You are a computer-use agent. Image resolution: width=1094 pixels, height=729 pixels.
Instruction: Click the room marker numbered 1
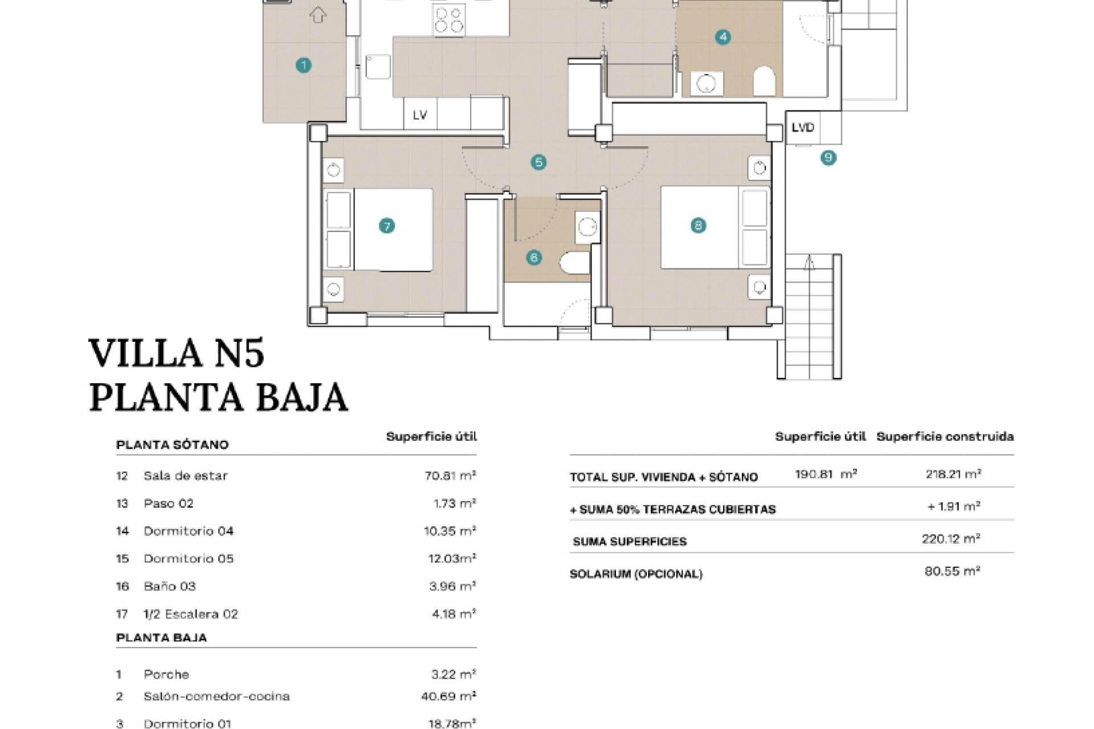(x=304, y=65)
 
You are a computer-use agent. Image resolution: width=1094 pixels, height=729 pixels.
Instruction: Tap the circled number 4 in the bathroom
(x=723, y=38)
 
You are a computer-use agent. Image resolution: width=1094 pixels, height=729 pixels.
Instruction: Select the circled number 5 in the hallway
(x=538, y=162)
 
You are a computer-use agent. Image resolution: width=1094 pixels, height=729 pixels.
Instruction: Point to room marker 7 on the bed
(x=387, y=226)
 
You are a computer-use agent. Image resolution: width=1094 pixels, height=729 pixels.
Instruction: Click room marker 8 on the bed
(x=699, y=226)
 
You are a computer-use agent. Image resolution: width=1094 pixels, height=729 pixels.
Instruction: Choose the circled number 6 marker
(x=534, y=257)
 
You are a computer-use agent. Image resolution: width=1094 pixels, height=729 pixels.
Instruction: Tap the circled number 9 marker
(x=828, y=157)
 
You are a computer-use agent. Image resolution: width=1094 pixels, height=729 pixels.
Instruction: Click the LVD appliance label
(x=803, y=128)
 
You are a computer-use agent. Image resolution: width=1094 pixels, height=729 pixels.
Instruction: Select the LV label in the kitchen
(x=420, y=115)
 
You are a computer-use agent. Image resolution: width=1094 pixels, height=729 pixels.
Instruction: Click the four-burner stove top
(x=449, y=19)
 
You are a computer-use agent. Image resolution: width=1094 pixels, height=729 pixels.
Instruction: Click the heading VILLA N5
(x=177, y=353)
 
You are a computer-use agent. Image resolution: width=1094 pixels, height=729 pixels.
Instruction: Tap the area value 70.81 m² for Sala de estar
(x=450, y=476)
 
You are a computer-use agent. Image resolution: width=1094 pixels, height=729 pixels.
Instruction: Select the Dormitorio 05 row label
(x=189, y=559)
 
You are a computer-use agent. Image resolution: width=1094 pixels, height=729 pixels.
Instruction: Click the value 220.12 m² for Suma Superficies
(x=951, y=539)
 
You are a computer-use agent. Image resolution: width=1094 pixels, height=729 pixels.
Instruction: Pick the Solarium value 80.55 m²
(x=952, y=571)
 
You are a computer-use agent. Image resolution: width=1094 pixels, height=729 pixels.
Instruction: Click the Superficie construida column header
(x=945, y=437)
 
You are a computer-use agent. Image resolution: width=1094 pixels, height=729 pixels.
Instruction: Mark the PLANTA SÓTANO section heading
(x=172, y=445)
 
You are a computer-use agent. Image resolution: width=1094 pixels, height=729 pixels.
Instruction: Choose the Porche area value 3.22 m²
(x=454, y=674)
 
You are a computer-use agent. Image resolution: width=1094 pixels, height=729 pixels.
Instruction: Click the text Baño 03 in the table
(x=170, y=586)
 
